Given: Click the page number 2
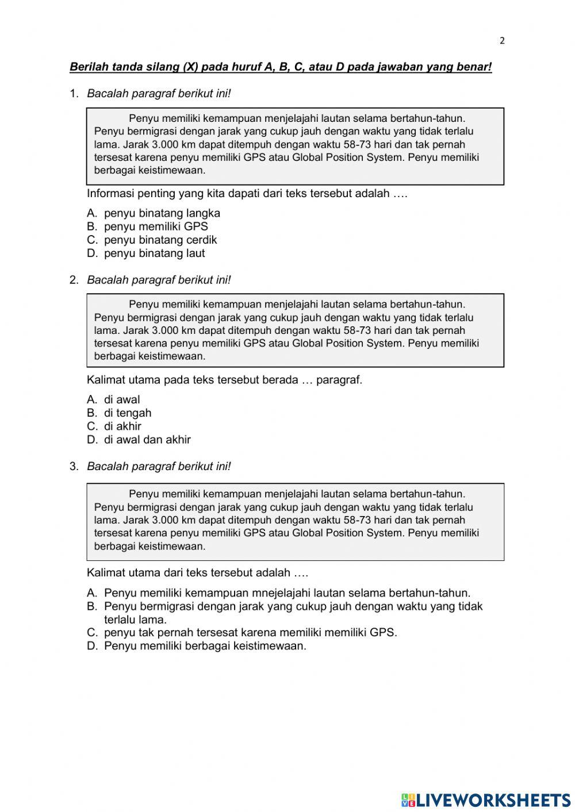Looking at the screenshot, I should (x=502, y=40).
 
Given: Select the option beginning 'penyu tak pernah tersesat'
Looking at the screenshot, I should (x=250, y=633).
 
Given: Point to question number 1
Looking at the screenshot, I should (x=73, y=94).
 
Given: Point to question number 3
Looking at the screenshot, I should (x=73, y=467).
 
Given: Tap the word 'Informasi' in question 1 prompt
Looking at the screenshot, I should (x=110, y=194).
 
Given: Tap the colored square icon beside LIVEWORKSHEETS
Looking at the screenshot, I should (x=408, y=800).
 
